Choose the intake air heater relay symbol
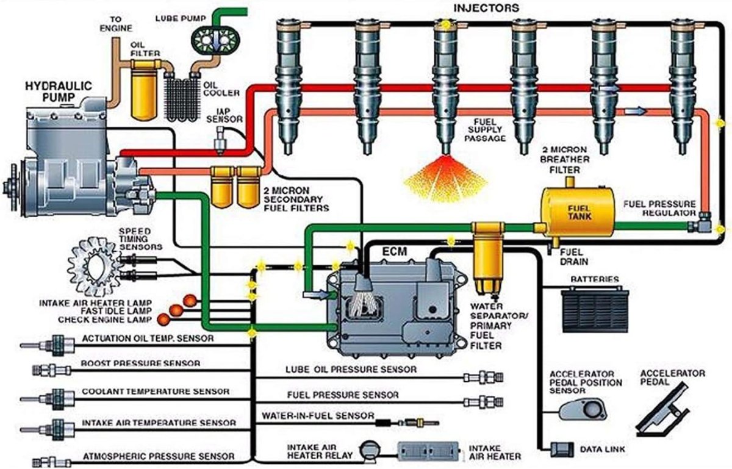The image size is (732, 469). click(369, 450)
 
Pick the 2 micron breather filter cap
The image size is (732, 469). click(571, 181)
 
